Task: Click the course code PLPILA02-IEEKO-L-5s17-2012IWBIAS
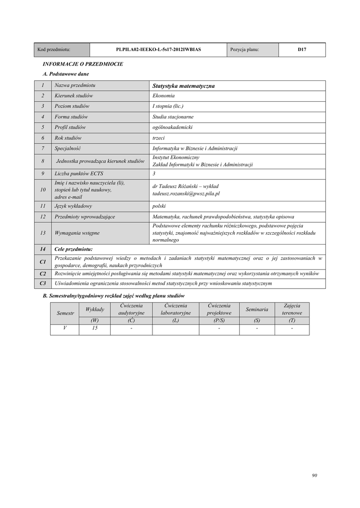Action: click(158, 50)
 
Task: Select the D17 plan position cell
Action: click(301, 50)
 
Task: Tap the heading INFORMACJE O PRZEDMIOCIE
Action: click(83, 64)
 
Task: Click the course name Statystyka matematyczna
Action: click(184, 86)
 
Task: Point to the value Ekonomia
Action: click(163, 96)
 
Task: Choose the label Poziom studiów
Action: click(72, 106)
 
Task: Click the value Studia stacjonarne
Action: click(173, 117)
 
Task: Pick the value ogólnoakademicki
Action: click(172, 127)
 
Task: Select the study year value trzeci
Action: click(158, 138)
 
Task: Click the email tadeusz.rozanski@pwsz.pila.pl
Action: click(186, 193)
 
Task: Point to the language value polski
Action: click(159, 206)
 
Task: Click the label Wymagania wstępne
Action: click(77, 233)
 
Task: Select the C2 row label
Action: click(43, 273)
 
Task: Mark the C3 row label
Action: click(43, 283)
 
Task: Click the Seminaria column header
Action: click(257, 310)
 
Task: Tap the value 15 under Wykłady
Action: click(94, 328)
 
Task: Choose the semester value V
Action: click(65, 328)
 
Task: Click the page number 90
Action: click(314, 475)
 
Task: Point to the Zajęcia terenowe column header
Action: click(292, 310)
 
